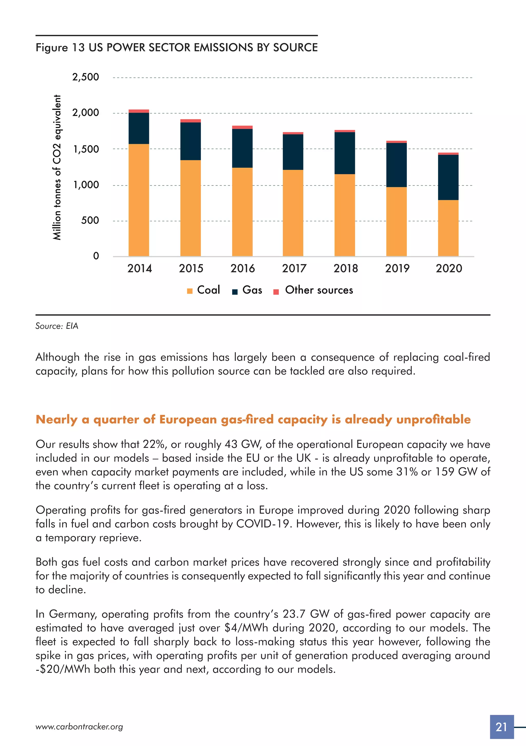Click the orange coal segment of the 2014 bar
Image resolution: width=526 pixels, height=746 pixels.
pos(139,200)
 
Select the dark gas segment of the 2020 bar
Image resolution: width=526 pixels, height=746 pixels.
pos(448,177)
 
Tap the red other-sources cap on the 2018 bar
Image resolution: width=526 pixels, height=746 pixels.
pos(345,131)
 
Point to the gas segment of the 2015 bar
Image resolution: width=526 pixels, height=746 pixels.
pos(191,141)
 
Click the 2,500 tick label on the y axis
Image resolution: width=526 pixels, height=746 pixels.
pos(86,77)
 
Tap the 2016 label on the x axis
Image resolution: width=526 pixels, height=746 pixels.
pos(242,268)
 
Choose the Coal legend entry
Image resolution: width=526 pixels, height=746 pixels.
pos(204,290)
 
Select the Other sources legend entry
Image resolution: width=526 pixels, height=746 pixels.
pos(314,290)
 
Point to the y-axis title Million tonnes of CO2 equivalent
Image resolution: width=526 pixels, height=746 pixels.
pos(57,167)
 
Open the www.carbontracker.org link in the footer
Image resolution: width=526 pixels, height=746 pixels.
pos(79,727)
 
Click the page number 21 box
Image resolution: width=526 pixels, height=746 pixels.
pos(502,727)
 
